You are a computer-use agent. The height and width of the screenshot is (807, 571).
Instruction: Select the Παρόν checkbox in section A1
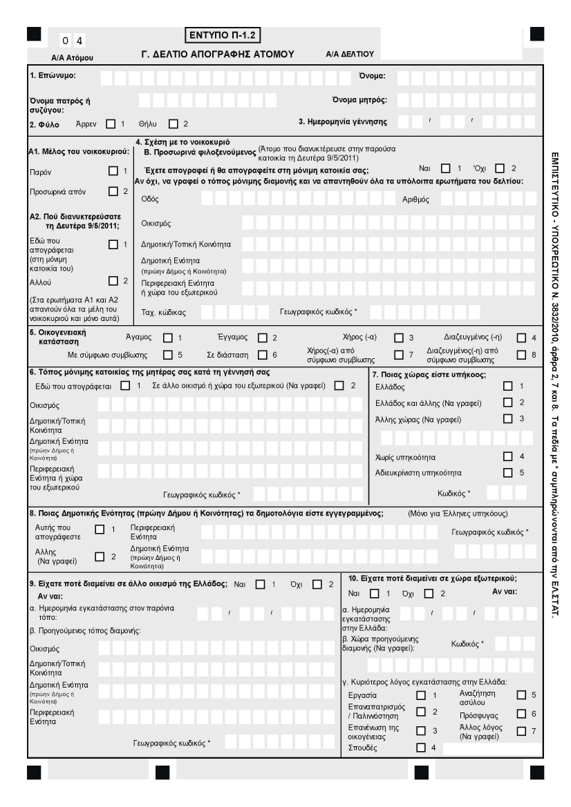(x=113, y=171)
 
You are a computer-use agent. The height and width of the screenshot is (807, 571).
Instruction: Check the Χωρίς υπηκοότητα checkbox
(x=508, y=456)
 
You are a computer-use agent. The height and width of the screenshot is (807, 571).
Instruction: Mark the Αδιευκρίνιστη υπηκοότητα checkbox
(x=508, y=472)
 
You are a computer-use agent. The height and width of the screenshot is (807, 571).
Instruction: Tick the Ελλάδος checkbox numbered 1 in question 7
(x=508, y=386)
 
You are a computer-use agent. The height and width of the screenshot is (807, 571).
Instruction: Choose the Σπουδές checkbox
(x=420, y=747)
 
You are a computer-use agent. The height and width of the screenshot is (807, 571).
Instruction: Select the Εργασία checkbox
(x=420, y=695)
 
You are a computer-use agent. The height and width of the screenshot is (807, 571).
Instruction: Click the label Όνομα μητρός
(x=359, y=99)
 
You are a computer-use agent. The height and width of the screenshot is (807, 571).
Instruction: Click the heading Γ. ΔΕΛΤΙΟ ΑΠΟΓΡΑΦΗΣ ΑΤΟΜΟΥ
(x=218, y=53)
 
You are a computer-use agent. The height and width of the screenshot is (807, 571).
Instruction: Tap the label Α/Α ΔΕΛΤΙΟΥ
(x=349, y=54)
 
